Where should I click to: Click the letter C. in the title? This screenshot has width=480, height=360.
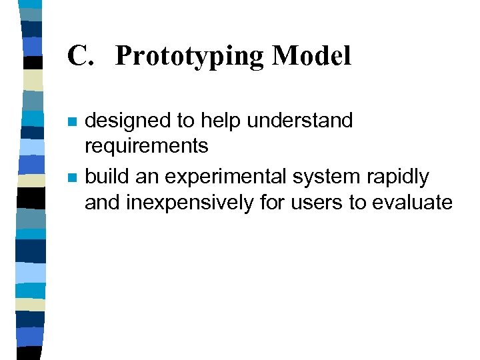[x=81, y=56]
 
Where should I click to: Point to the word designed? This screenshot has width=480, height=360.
[x=127, y=121]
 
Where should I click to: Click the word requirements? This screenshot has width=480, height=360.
[x=147, y=145]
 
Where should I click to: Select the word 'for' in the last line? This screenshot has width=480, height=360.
[x=272, y=203]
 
